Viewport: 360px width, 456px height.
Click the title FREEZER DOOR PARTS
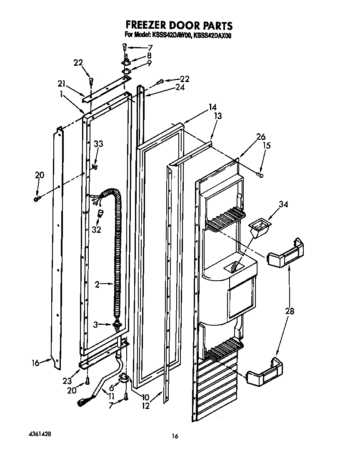(x=179, y=26)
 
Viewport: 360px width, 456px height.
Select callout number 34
(x=284, y=204)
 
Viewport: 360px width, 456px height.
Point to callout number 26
(x=261, y=137)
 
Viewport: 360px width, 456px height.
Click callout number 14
(x=212, y=107)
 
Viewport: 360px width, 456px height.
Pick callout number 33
(x=98, y=144)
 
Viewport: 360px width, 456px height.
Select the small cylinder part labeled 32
(x=100, y=214)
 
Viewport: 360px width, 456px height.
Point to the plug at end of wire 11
(x=82, y=401)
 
